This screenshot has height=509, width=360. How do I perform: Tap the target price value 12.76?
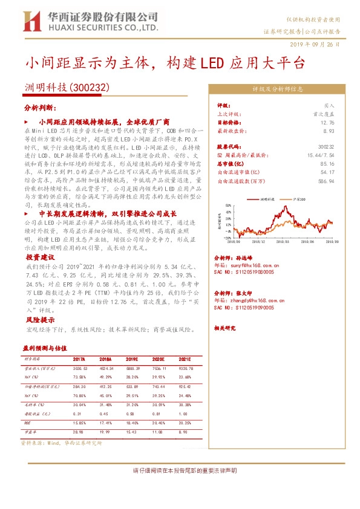327,122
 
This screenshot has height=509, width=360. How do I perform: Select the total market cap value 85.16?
327,163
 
